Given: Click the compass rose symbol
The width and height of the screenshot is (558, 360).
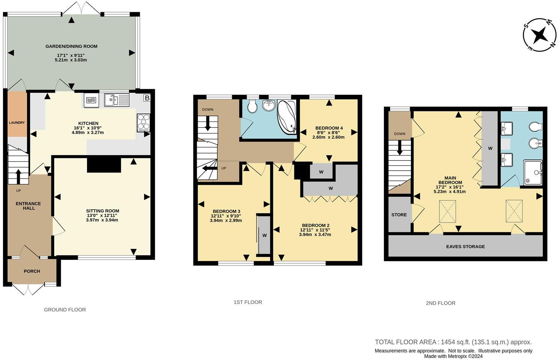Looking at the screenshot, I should point(540,35).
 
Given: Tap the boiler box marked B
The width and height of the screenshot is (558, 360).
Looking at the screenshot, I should point(147,98).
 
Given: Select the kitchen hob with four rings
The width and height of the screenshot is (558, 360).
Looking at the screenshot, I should point(143,122).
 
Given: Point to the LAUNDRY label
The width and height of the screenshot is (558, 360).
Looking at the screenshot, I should point(17,123).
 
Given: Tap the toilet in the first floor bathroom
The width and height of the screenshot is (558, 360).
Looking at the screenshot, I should point(252,106).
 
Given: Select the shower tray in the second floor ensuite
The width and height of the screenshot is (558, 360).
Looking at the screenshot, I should point(533,172).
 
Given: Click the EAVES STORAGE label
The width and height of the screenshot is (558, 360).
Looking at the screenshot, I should point(465,246).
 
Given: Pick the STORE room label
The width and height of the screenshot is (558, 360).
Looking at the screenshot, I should point(399,215).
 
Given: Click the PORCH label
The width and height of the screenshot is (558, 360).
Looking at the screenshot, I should point(32,271).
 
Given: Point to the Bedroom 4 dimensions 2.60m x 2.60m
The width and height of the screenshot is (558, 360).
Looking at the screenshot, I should point(328,137).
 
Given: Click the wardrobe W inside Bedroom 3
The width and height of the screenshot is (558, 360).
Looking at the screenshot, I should point(264,235).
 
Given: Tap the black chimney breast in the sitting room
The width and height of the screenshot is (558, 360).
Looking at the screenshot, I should point(104,165).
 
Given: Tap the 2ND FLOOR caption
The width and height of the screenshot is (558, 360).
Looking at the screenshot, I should point(440,303).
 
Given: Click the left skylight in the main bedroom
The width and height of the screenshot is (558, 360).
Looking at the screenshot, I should point(447,211).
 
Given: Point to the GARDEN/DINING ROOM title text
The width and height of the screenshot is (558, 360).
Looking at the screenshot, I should point(71,46).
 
